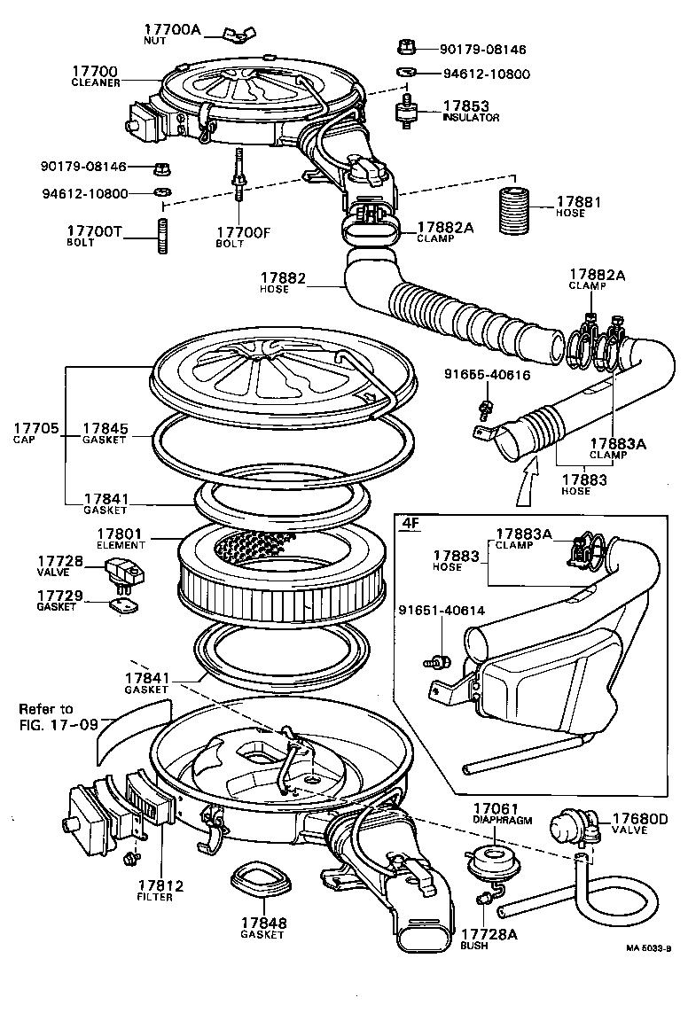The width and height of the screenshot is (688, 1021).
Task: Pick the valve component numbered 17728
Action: pyautogui.click(x=121, y=572)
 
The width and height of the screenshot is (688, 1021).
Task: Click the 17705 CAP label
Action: pyautogui.click(x=35, y=433)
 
